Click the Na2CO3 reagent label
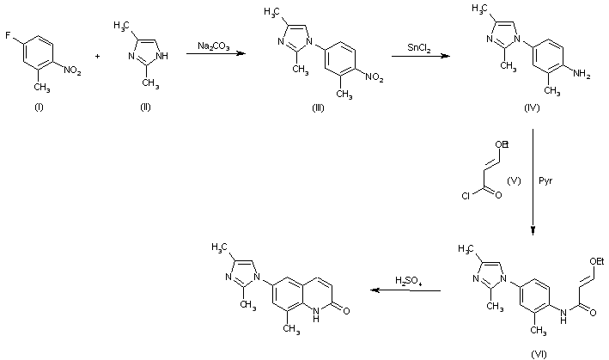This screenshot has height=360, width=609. (210, 45)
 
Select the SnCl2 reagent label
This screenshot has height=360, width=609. (418, 46)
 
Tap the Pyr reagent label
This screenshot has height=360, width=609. (545, 182)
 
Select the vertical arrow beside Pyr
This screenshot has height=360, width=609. (533, 182)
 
